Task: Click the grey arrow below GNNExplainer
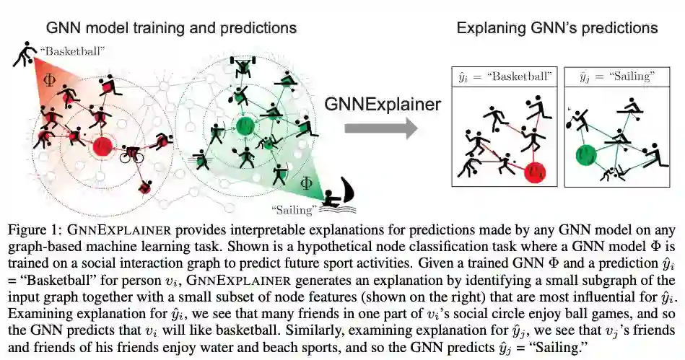[x=381, y=129]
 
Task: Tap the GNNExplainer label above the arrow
[x=382, y=104]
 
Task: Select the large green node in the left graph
[x=246, y=126]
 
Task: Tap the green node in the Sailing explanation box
[x=585, y=153]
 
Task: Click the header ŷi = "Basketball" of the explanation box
[x=502, y=75]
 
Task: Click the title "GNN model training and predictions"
[x=172, y=28]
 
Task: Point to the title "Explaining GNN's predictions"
[x=557, y=28]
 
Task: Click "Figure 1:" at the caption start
[x=34, y=230]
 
